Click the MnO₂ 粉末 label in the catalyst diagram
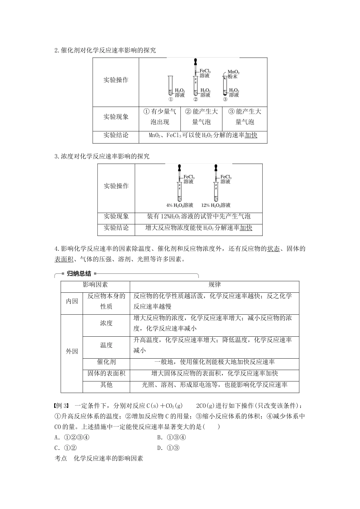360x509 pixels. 233,74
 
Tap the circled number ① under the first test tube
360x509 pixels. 171,100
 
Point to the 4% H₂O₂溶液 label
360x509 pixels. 180,205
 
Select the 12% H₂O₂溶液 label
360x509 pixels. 216,205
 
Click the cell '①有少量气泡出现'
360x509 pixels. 160,117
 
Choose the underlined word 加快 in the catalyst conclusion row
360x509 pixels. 251,136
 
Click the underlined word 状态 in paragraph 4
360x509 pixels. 274,249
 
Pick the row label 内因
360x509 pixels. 72,301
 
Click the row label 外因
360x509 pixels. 72,351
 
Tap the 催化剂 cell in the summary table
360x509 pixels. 106,362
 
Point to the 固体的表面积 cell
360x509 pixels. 106,373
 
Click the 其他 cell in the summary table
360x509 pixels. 106,385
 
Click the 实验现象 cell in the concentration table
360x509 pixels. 116,216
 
